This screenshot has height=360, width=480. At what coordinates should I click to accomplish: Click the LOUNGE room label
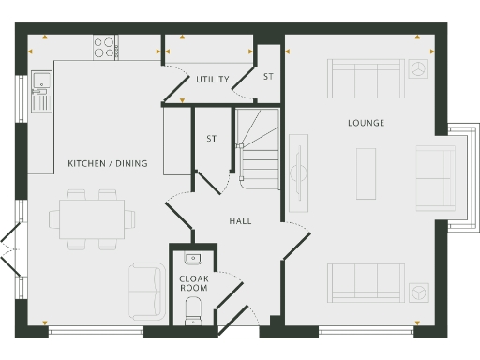pyautogui.click(x=366, y=123)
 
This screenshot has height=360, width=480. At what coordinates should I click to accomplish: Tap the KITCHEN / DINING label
pyautogui.click(x=108, y=164)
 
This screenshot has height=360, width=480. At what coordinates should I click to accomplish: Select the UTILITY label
pyautogui.click(x=213, y=80)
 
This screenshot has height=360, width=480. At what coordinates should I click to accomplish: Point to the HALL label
pyautogui.click(x=241, y=221)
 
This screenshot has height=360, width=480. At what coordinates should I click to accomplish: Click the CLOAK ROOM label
pyautogui.click(x=194, y=282)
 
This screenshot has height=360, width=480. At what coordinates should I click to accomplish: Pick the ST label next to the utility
pyautogui.click(x=268, y=76)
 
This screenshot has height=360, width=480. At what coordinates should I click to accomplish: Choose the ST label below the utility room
pyautogui.click(x=212, y=139)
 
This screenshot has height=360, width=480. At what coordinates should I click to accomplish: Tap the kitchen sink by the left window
pyautogui.click(x=39, y=89)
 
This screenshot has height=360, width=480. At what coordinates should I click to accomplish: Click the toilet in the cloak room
pyautogui.click(x=195, y=307)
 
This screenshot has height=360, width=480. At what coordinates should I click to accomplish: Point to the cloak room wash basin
pyautogui.click(x=194, y=257)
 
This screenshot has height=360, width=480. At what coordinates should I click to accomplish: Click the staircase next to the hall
pyautogui.click(x=258, y=150)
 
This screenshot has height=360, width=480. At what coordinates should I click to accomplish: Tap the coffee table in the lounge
pyautogui.click(x=366, y=173)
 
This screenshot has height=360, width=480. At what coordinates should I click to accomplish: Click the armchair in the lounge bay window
pyautogui.click(x=434, y=179)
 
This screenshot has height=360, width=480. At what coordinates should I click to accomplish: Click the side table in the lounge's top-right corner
pyautogui.click(x=419, y=68)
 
